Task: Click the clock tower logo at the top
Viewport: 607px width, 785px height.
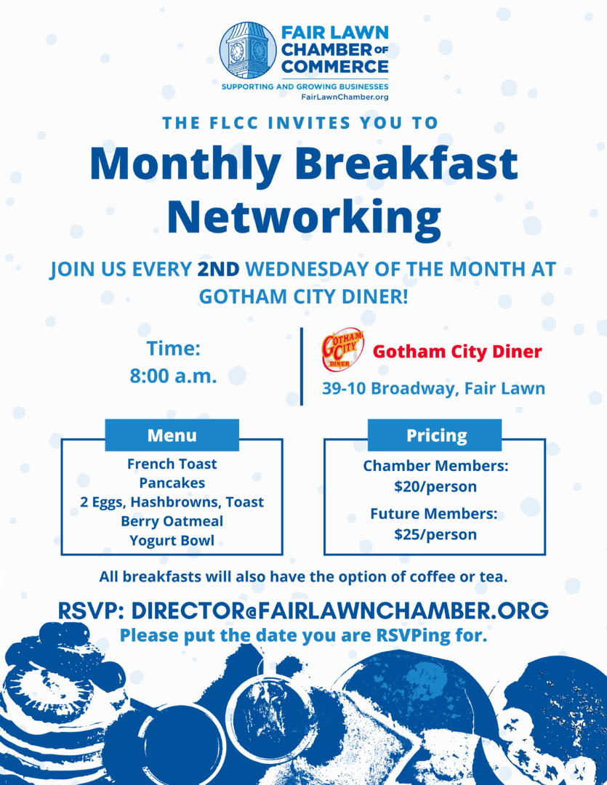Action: pos(248,50)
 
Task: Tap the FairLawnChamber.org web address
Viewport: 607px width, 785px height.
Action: pos(345,97)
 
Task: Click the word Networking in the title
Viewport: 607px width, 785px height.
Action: pos(303,216)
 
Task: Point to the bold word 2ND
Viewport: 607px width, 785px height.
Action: pos(218,269)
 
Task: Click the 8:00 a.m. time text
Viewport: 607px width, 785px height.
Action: pos(173,376)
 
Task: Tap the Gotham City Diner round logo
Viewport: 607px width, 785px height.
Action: pos(342,349)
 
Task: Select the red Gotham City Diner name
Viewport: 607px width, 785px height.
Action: pos(457,352)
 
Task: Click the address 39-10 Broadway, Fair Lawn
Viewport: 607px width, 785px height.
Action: pos(433,388)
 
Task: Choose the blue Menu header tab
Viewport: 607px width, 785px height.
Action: pos(172,435)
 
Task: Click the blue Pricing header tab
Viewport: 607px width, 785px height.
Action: pos(436,435)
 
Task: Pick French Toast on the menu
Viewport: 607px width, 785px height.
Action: pos(172,464)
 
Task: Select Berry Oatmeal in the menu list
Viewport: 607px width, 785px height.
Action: pos(172,521)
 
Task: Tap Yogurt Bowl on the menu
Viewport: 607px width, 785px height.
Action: pos(172,540)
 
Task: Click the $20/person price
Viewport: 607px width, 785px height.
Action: pos(435,486)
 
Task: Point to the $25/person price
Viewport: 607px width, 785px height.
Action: pos(435,534)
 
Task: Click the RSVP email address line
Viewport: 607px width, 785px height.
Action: pos(303,611)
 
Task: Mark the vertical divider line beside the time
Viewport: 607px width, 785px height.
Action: pos(302,366)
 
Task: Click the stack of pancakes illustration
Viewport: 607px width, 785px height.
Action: pos(55,698)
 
